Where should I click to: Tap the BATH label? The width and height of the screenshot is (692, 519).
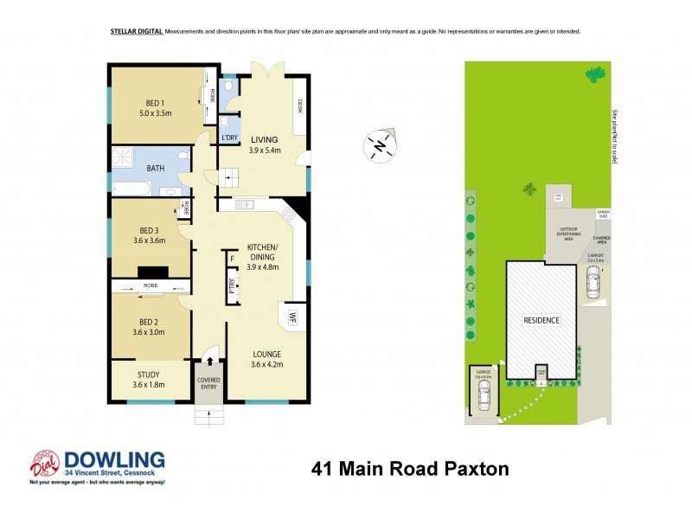click(157, 169)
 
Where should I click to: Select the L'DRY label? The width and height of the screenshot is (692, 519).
click(229, 138)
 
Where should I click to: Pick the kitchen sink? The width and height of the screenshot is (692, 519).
click(243, 205)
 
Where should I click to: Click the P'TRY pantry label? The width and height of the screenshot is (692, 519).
click(231, 290)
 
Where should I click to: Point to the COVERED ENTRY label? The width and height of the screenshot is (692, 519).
click(208, 383)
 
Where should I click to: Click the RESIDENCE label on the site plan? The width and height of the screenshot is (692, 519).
click(541, 320)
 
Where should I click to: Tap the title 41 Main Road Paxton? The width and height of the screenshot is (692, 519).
click(409, 470)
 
